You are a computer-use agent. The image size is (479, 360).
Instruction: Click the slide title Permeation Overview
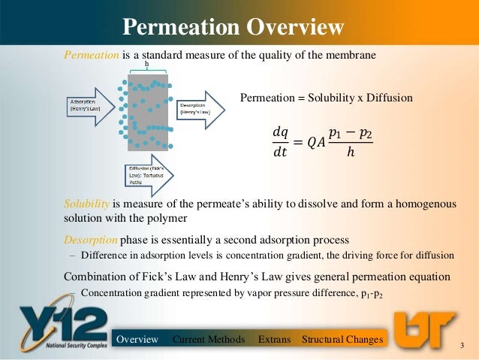(x=233, y=28)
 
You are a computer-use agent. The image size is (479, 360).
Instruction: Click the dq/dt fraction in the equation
(x=280, y=141)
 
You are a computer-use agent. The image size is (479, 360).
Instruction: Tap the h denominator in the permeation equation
(x=351, y=153)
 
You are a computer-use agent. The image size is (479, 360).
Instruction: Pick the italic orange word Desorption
(x=90, y=240)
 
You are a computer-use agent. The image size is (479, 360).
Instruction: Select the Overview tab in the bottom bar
(x=137, y=340)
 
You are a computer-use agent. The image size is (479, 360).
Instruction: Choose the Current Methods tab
(x=209, y=340)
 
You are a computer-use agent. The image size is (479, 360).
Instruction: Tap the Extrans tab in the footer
(x=274, y=340)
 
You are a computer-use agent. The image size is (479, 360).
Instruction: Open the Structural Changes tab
(x=342, y=340)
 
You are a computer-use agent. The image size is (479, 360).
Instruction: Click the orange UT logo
(x=424, y=330)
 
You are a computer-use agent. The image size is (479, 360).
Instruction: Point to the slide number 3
(x=462, y=345)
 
